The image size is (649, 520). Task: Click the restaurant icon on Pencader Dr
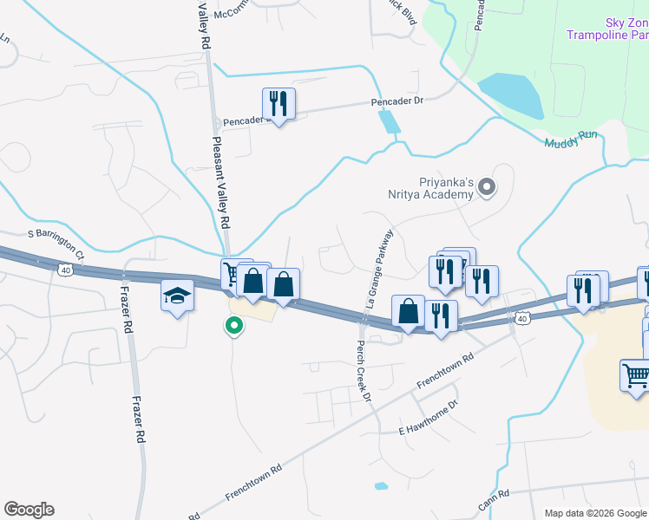pyautogui.click(x=279, y=105)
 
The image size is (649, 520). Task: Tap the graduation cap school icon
pyautogui.click(x=177, y=297)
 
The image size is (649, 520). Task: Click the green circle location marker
pyautogui.click(x=233, y=327)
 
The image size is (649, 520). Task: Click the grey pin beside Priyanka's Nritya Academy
pyautogui.click(x=487, y=185)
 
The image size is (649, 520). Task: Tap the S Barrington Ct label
pyautogui.click(x=56, y=234)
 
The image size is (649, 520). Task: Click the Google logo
pyautogui.click(x=29, y=510)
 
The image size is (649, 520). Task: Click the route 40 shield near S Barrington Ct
pyautogui.click(x=65, y=270)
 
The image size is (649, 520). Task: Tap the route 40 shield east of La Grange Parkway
pyautogui.click(x=521, y=319)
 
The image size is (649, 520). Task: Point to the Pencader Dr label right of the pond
pyautogui.click(x=397, y=101)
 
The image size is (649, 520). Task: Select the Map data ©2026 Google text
pyautogui.click(x=594, y=513)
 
